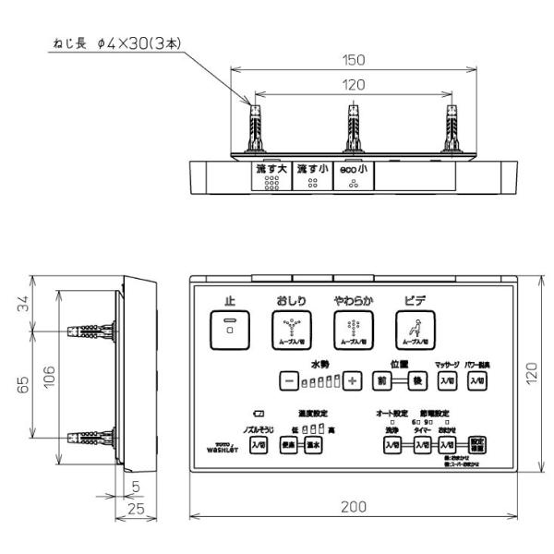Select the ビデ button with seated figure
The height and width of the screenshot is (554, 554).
[x=414, y=328]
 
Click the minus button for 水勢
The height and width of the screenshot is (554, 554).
[x=289, y=380]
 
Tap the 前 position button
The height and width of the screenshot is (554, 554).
[x=381, y=380]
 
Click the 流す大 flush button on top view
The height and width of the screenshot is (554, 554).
[x=271, y=175]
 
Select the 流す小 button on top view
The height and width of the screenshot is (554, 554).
[x=312, y=175]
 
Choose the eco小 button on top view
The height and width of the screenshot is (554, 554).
[x=353, y=175]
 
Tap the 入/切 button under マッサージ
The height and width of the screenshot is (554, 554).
[x=447, y=380]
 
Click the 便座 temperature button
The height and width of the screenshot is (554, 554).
[x=288, y=446]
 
